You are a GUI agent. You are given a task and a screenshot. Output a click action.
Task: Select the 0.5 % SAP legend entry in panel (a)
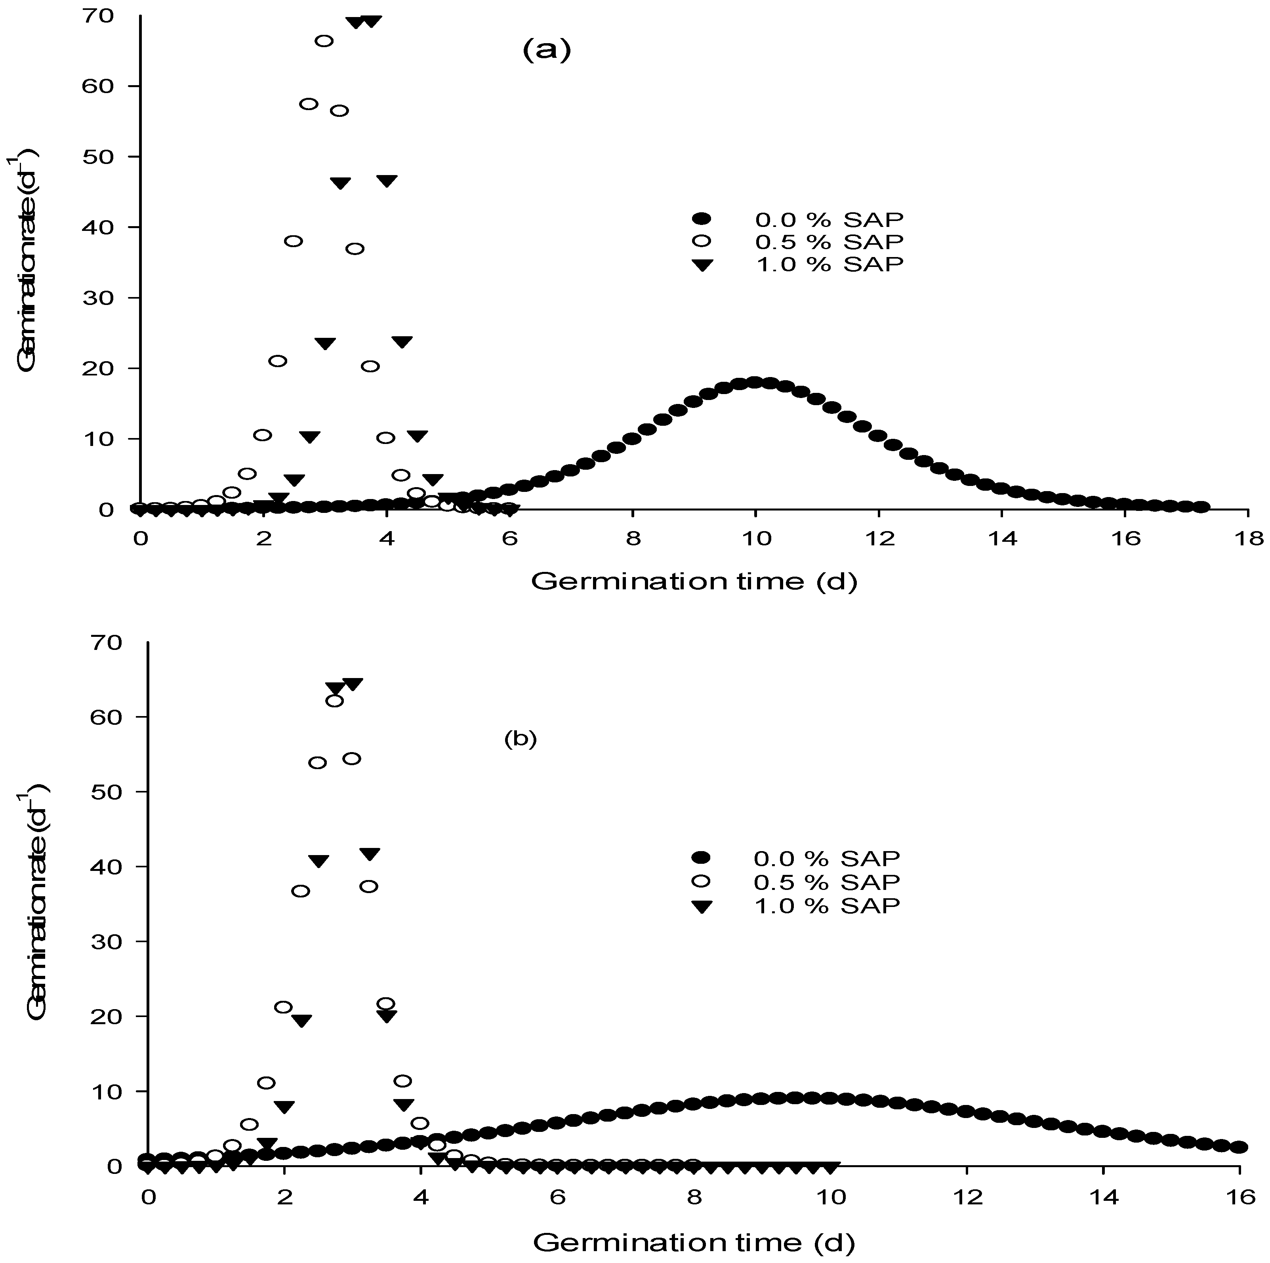[828, 241]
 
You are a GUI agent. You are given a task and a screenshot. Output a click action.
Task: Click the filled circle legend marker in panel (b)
[702, 857]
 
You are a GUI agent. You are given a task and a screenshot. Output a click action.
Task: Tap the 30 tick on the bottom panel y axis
[109, 941]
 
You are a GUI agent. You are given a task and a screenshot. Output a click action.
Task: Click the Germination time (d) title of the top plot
[694, 581]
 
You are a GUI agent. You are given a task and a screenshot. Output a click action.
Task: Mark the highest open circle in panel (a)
[324, 41]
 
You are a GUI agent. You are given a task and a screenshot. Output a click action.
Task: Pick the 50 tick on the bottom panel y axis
[109, 791]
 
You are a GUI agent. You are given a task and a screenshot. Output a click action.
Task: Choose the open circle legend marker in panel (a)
[702, 241]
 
